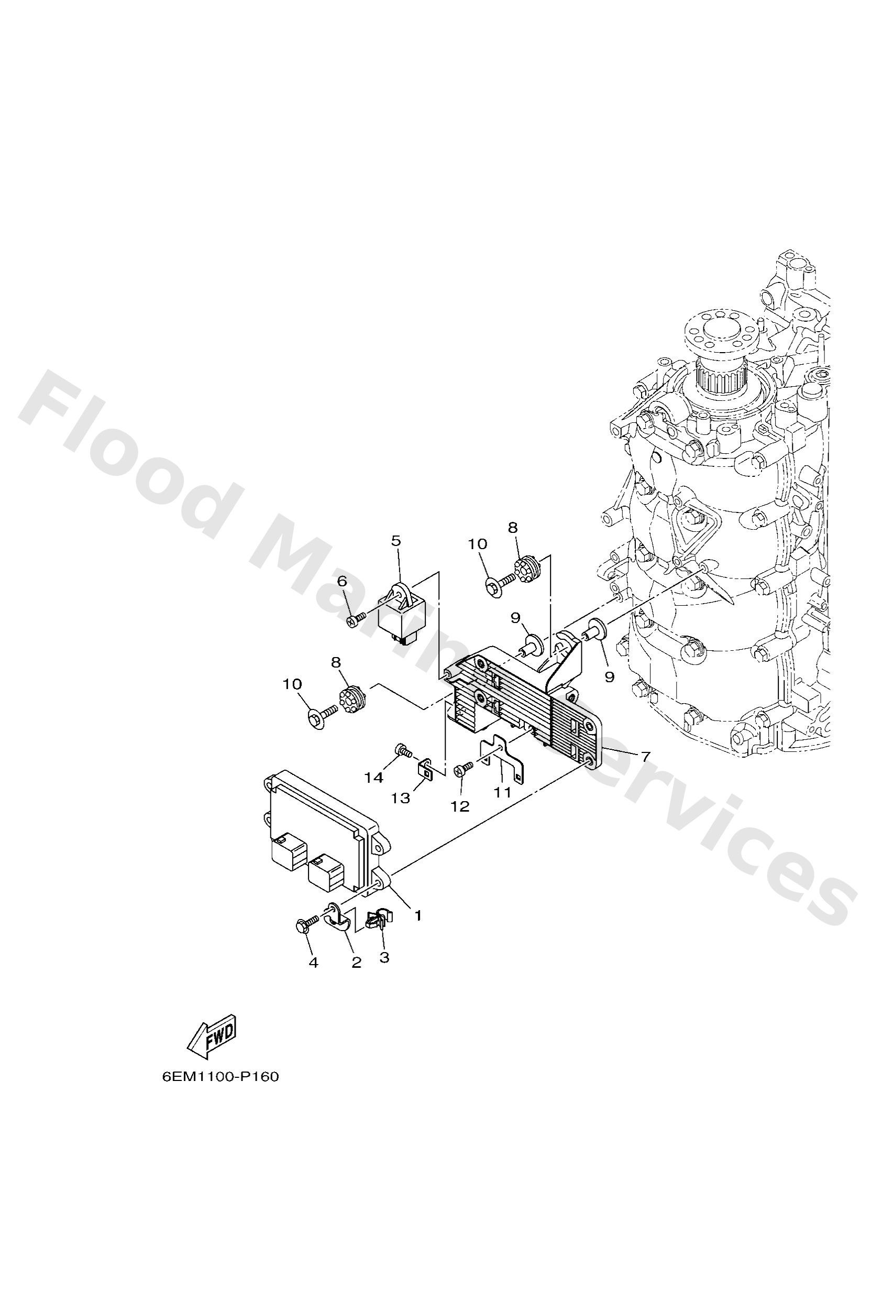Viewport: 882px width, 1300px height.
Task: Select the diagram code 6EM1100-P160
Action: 220,1093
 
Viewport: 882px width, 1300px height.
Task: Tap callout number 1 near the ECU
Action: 417,916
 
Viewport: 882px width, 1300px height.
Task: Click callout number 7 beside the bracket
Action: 645,757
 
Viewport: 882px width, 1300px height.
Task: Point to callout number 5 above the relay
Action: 396,541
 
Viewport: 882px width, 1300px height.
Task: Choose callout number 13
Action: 401,798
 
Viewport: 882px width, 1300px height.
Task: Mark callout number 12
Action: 461,806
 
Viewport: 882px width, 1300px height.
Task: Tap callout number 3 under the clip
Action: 384,957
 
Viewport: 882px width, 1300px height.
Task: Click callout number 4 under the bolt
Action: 313,962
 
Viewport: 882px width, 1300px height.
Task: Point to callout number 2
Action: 356,962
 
